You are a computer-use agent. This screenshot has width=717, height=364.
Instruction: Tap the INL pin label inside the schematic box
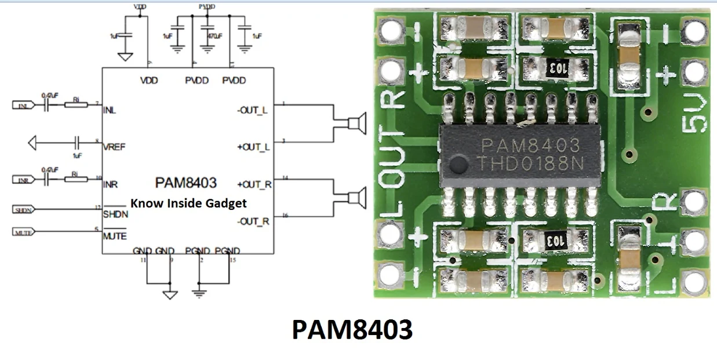coord(109,110)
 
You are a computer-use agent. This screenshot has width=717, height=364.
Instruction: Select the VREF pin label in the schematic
coord(114,147)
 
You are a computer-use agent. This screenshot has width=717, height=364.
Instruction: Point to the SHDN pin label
coord(115,214)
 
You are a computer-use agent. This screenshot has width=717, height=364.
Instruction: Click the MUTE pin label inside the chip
coord(115,236)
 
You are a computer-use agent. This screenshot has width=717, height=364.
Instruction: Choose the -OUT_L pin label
coord(253,110)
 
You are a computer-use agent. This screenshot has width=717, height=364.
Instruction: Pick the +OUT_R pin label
coord(253,184)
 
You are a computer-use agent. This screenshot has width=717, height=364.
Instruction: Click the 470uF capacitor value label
coord(213,36)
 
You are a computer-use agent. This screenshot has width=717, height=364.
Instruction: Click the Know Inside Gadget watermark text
coord(188,203)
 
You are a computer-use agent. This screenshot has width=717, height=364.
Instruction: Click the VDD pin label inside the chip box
coord(149,81)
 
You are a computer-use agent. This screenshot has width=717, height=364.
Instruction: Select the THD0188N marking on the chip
coord(530,163)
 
